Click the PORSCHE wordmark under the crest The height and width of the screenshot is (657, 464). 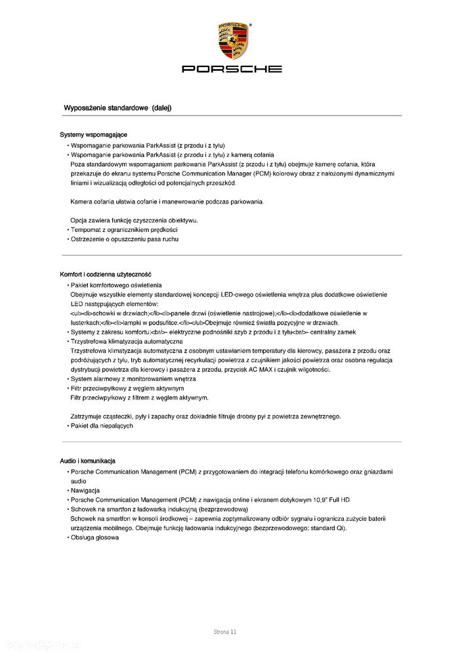tap(232, 68)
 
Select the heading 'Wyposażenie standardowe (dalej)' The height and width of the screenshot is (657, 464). tap(117, 107)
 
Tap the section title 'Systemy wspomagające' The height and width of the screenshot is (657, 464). tap(93, 135)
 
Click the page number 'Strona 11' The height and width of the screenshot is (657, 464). tap(224, 631)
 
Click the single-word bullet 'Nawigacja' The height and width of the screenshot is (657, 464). tap(85, 491)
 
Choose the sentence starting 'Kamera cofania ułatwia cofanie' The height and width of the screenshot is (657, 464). tap(168, 201)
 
